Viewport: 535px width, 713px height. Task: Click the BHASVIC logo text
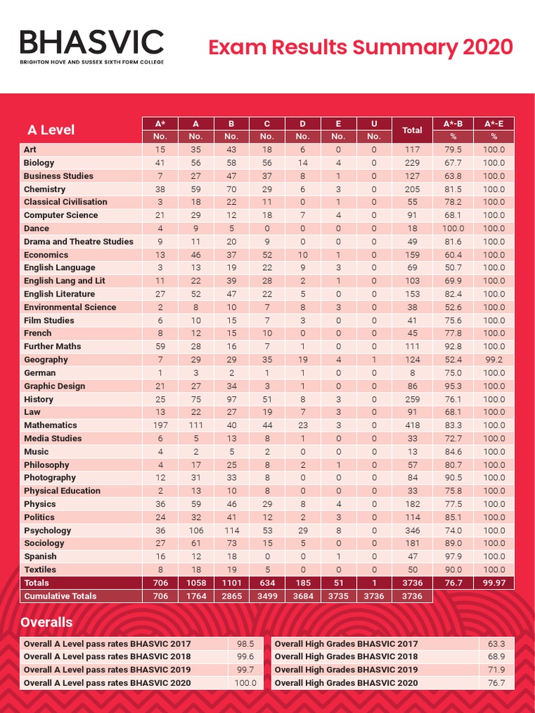click(x=91, y=42)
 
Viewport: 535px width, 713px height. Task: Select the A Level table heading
click(x=50, y=130)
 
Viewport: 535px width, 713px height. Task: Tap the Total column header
click(x=412, y=130)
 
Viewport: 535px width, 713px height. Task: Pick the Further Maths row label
click(x=52, y=346)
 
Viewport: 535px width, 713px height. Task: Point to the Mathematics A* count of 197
click(x=160, y=425)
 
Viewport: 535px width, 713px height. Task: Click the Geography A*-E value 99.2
click(x=494, y=360)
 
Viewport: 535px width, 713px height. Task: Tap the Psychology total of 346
click(x=412, y=531)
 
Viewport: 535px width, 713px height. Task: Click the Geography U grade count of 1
click(x=373, y=360)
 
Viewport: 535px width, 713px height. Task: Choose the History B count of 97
click(x=231, y=400)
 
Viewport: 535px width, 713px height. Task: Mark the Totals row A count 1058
click(x=196, y=583)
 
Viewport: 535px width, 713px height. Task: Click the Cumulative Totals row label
click(x=61, y=596)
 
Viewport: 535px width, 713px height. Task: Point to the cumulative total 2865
click(x=231, y=596)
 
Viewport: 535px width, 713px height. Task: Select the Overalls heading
click(x=47, y=622)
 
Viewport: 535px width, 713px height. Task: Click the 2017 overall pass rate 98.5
click(x=245, y=644)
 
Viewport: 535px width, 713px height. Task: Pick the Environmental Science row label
click(x=70, y=307)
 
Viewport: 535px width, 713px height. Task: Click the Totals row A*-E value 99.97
click(x=494, y=583)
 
